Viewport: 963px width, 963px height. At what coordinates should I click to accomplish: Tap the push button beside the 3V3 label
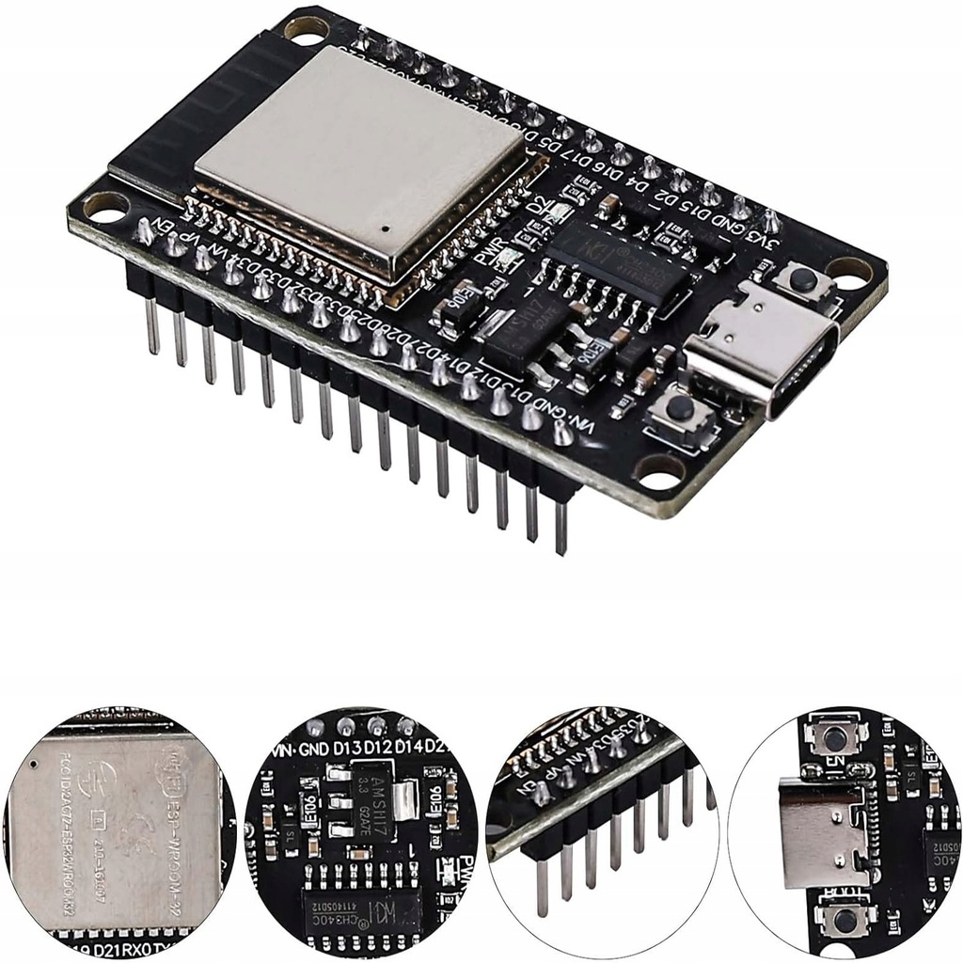tap(801, 278)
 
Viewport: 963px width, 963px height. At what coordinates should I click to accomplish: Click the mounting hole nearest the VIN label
tap(660, 470)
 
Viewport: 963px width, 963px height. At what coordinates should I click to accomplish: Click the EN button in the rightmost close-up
tap(834, 737)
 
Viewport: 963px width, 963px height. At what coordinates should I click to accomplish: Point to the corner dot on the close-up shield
tap(36, 765)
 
